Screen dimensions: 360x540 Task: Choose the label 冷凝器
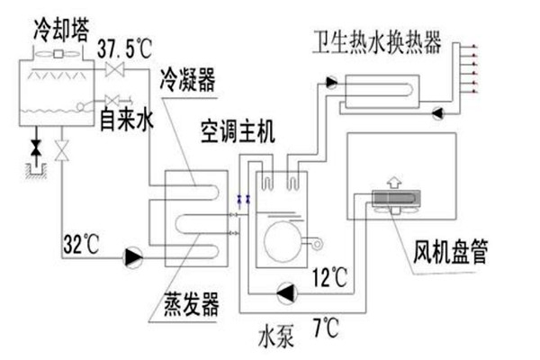184,84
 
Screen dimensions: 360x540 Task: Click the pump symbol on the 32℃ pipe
133,257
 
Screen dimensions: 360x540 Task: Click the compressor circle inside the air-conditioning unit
282,240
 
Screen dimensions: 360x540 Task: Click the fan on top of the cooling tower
60,53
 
